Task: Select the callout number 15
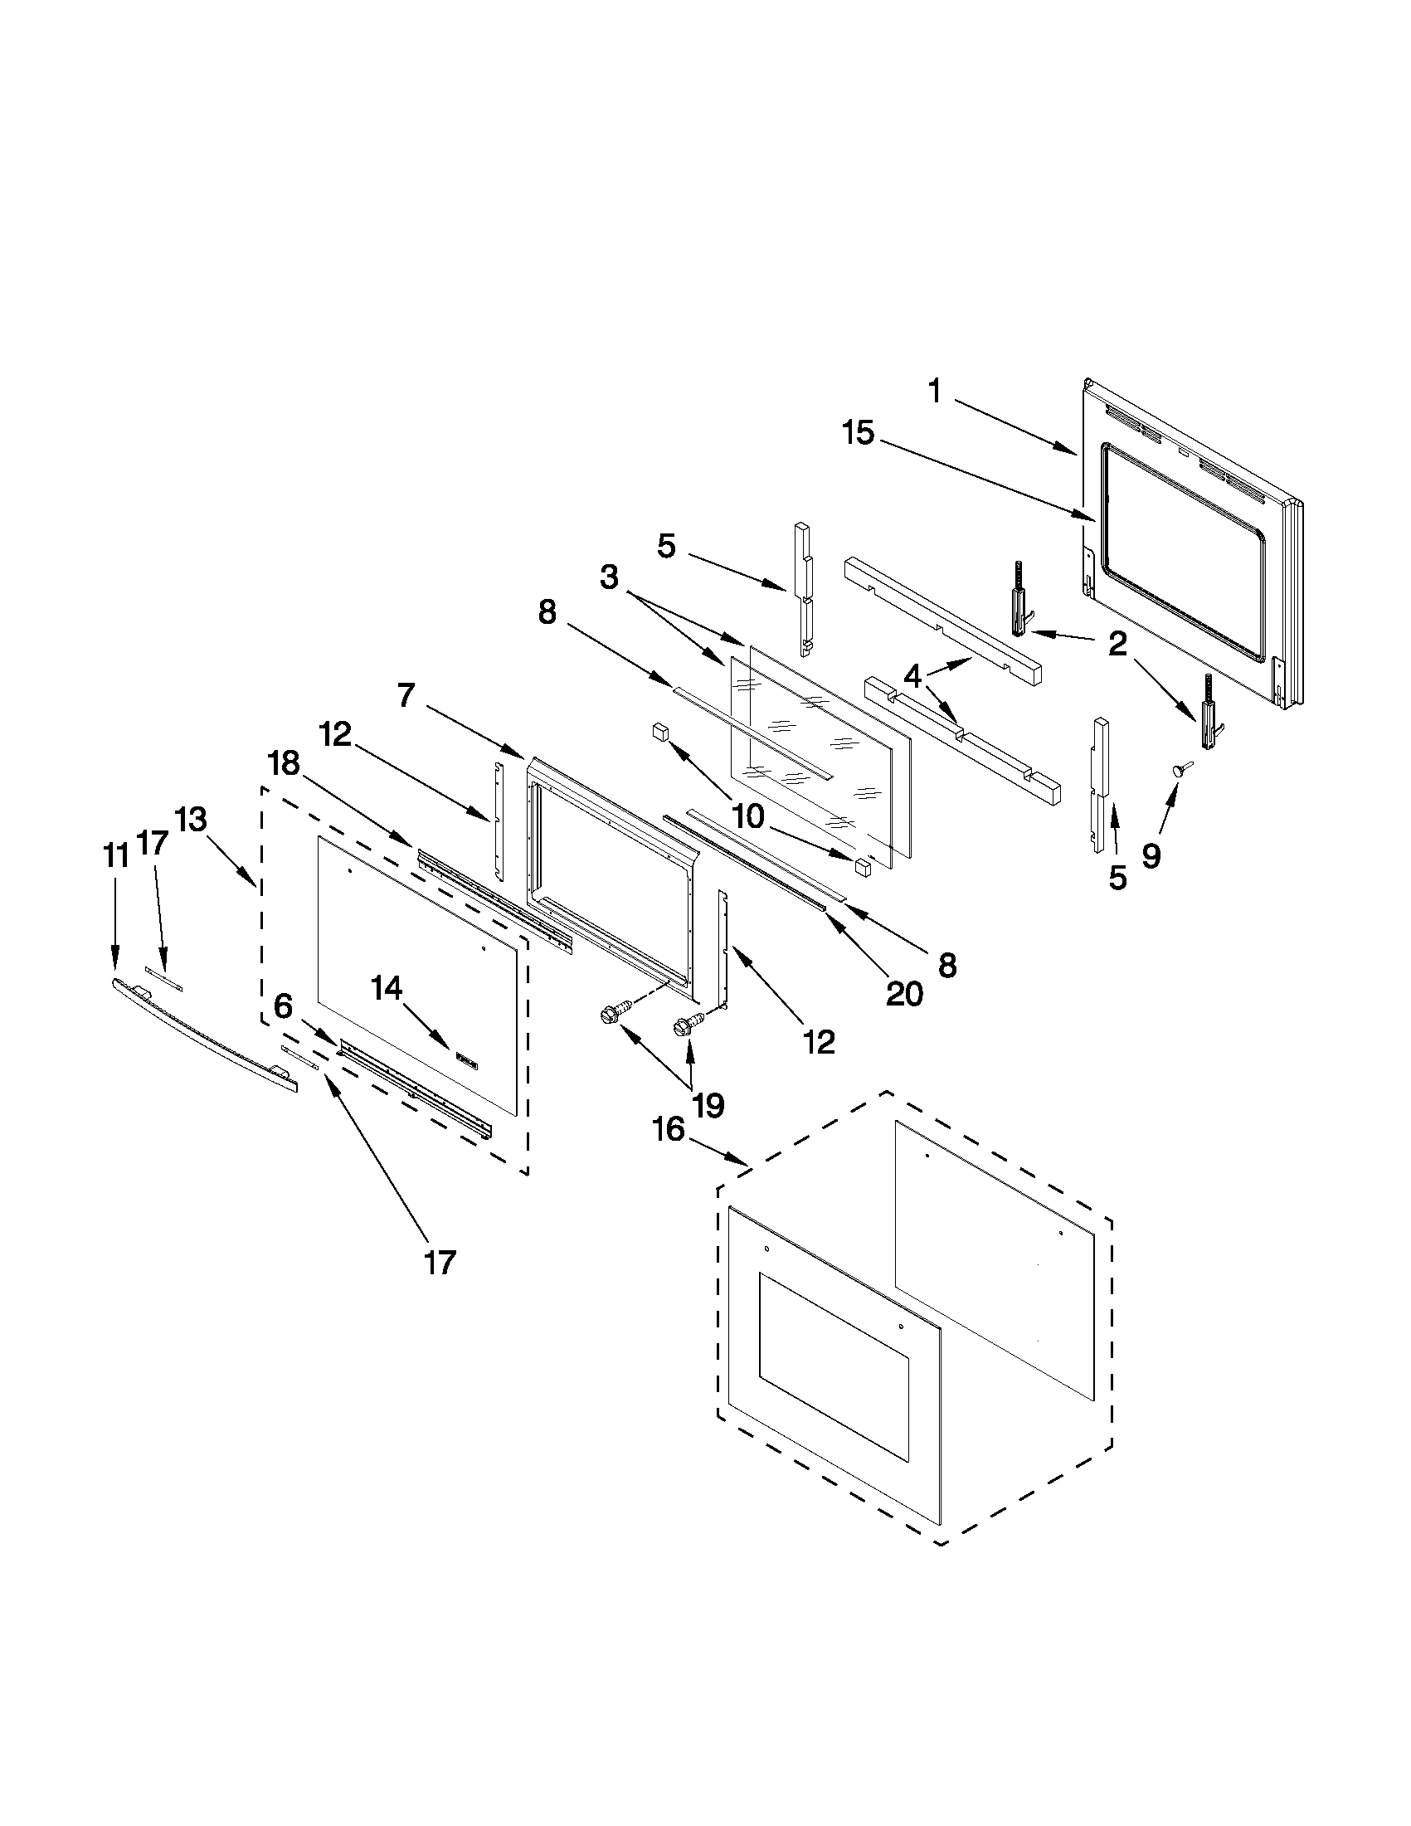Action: [x=858, y=434]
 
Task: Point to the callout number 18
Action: [x=283, y=762]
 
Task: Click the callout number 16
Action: [x=669, y=1131]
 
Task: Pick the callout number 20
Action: [x=904, y=994]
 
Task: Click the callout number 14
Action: [x=387, y=989]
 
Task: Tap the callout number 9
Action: [x=1151, y=855]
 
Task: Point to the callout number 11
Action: [x=115, y=855]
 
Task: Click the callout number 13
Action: [x=192, y=820]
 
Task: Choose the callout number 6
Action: [x=284, y=1006]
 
